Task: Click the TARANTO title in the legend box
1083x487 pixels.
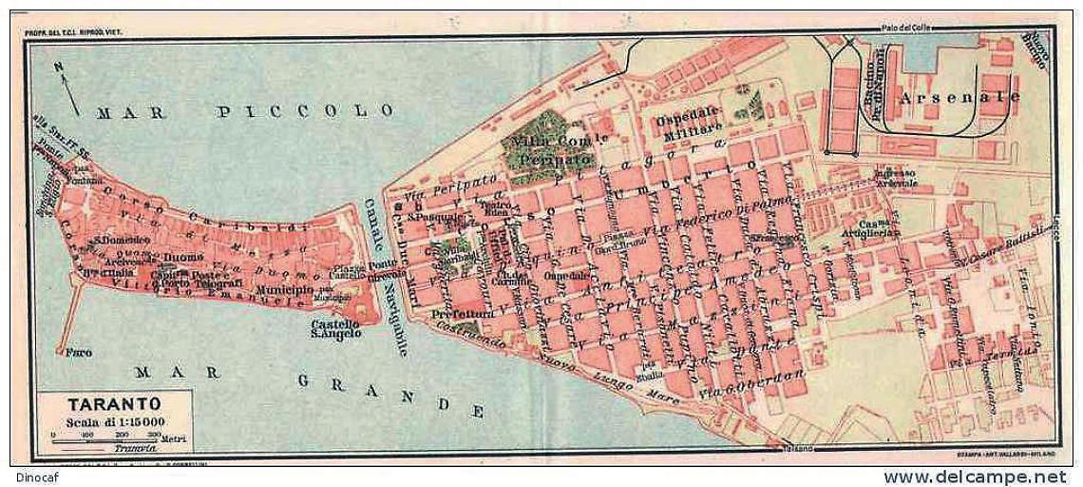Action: [x=100, y=402]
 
